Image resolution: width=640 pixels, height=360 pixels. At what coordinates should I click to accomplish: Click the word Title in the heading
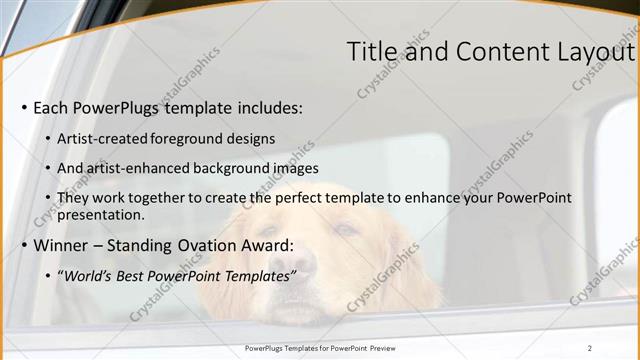click(371, 53)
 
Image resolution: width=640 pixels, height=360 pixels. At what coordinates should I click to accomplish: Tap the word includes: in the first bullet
click(267, 107)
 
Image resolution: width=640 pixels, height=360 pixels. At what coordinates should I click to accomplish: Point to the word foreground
click(191, 138)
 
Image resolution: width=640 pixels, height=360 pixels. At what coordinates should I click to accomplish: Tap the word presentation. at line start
click(101, 214)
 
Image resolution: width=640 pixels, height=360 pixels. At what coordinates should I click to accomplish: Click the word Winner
click(63, 245)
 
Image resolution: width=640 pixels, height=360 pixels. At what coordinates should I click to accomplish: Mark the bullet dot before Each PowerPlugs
click(24, 108)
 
